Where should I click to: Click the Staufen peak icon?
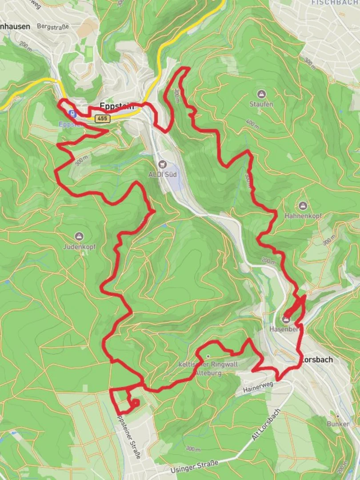[x=261, y=94]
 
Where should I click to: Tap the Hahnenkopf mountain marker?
[x=303, y=206]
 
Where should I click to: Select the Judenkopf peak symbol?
[x=80, y=236]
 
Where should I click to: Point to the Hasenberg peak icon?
[x=286, y=319]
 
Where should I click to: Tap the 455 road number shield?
[x=101, y=118]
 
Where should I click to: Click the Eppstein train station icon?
[x=71, y=114]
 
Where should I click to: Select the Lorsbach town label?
[x=317, y=360]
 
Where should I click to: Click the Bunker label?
[x=337, y=424]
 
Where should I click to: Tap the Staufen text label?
[x=261, y=104]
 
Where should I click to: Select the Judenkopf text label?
[x=80, y=246]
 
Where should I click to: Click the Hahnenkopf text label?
[x=303, y=216]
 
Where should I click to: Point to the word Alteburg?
[x=208, y=373]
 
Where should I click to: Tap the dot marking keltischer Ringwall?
[x=208, y=356]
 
